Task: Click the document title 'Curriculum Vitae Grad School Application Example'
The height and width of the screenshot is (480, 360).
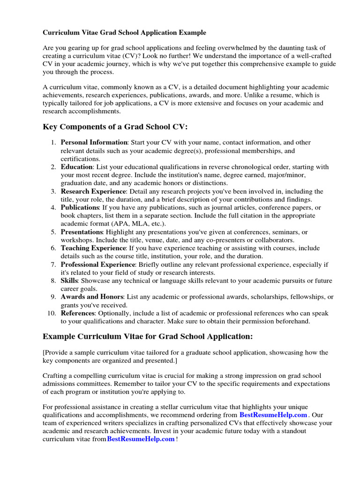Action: [x=124, y=33]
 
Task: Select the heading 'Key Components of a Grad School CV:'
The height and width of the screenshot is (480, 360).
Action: [x=115, y=127]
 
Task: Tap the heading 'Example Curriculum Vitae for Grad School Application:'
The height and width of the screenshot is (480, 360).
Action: [x=148, y=336]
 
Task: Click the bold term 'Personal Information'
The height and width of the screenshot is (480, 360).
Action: [x=94, y=142]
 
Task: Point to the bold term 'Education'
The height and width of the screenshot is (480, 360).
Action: [x=77, y=167]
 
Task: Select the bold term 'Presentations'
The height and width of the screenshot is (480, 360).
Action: [x=82, y=232]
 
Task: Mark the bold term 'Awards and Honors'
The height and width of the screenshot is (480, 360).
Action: [x=92, y=297]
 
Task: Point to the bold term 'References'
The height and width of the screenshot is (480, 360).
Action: [x=77, y=313]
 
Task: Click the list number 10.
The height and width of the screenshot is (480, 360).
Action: [x=52, y=313]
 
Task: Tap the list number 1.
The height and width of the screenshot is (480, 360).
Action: [x=54, y=142]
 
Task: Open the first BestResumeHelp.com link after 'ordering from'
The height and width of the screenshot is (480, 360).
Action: [x=273, y=415]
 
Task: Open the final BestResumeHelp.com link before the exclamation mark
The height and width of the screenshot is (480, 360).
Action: [x=141, y=439]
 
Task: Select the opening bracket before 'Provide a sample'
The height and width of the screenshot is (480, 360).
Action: [x=44, y=352]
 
